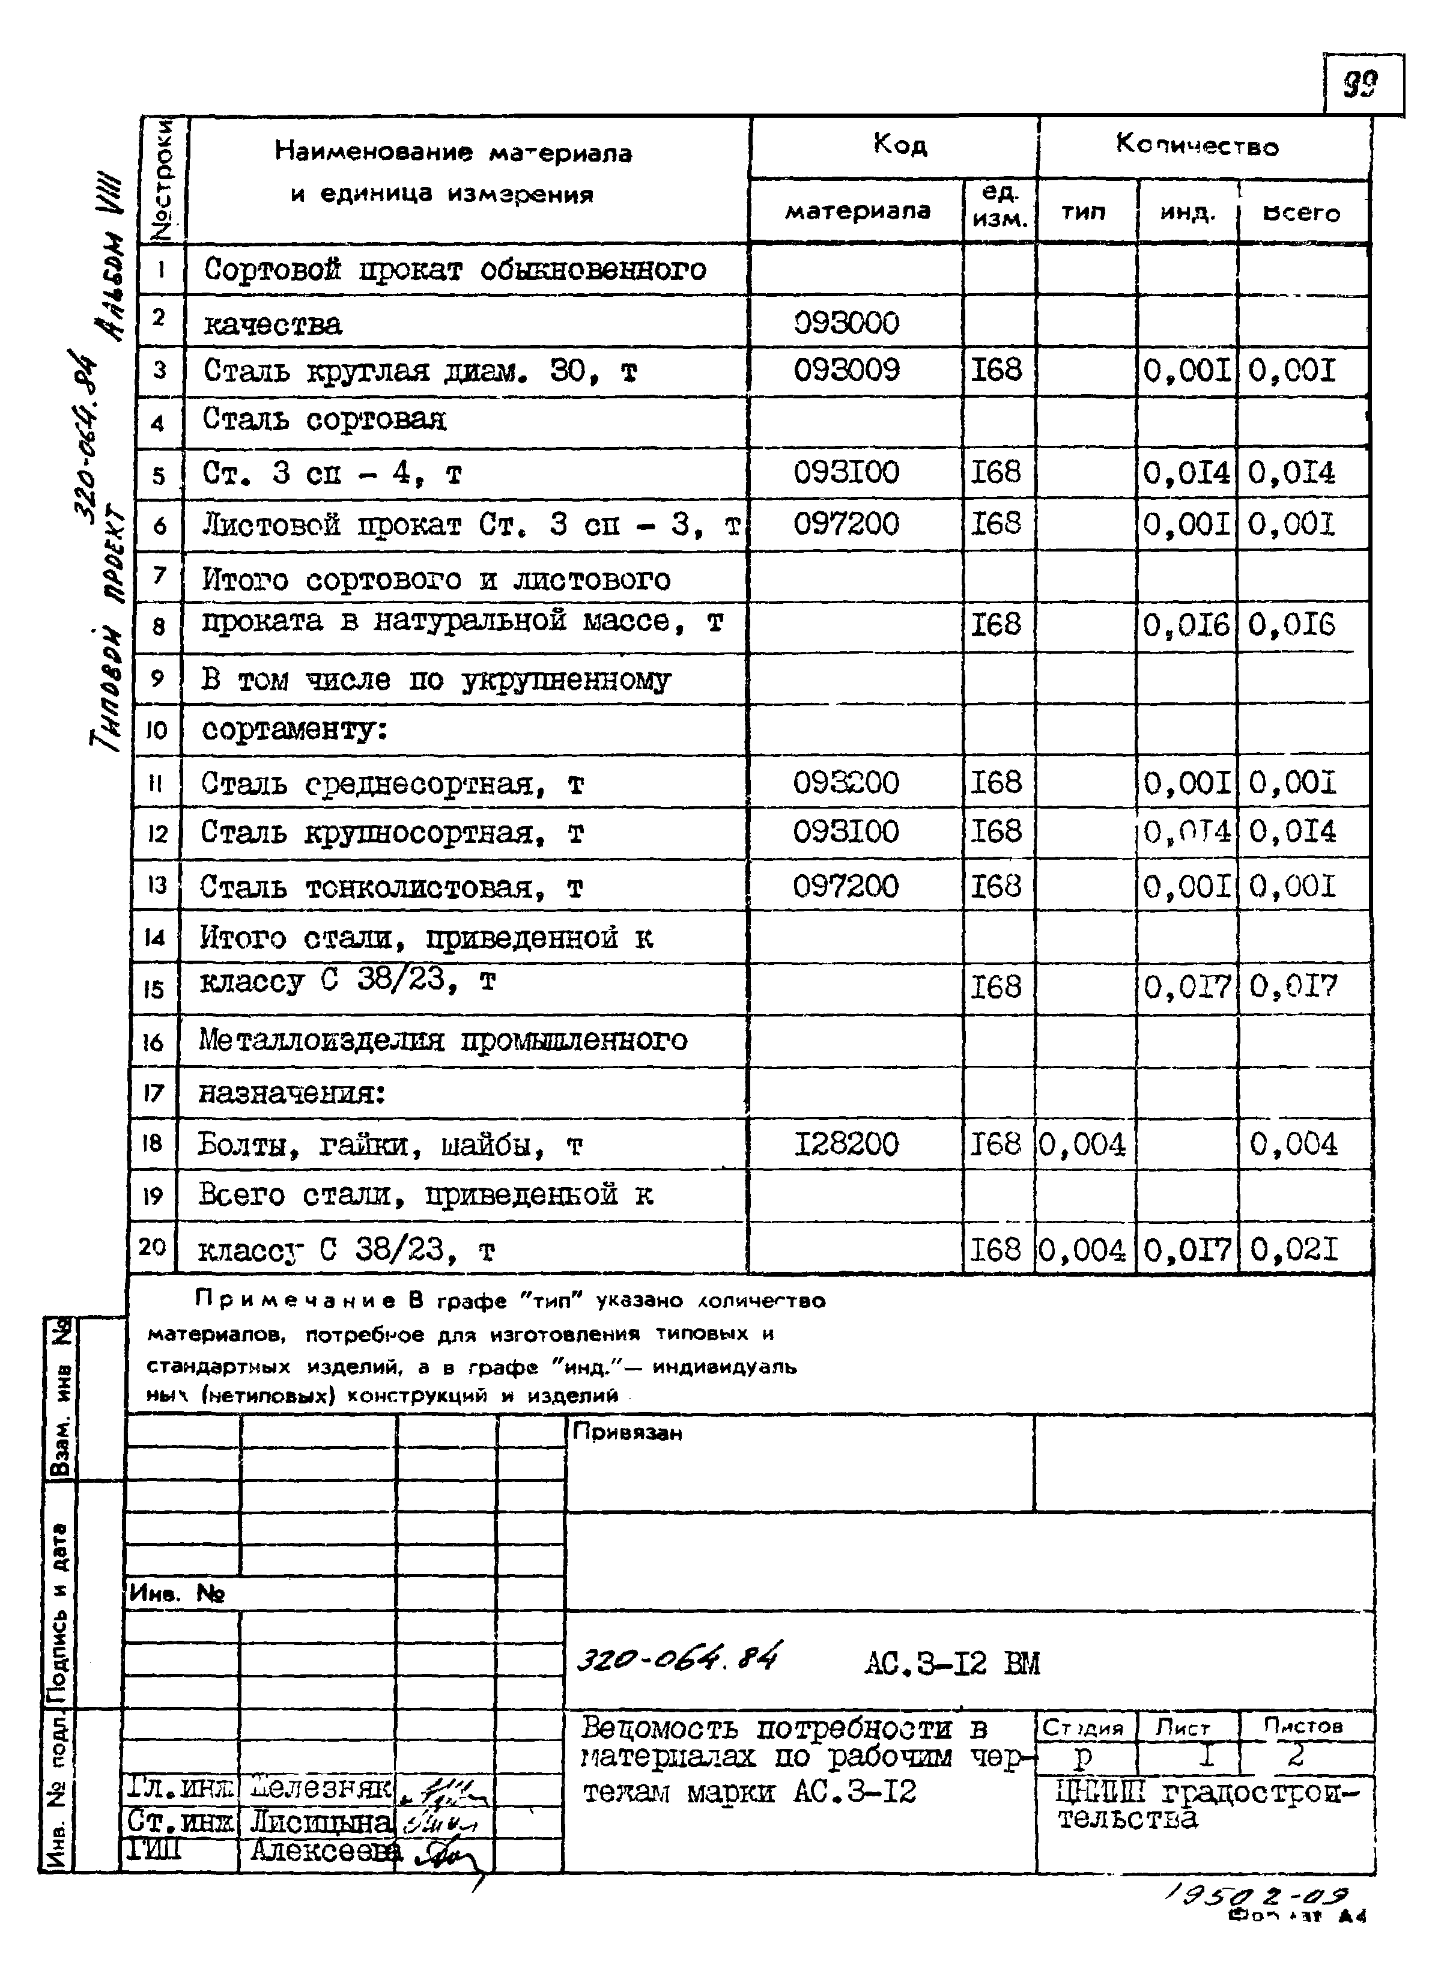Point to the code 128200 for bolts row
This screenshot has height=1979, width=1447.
click(846, 1144)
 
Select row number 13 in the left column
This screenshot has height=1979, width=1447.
click(157, 885)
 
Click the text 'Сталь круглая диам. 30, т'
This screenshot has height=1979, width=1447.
click(420, 371)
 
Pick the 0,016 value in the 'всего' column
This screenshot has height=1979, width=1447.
click(1292, 625)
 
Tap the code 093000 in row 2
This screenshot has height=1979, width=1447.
click(846, 323)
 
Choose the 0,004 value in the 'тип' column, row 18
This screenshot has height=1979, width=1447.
click(1082, 1144)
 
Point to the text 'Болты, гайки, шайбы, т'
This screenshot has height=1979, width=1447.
click(390, 1145)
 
